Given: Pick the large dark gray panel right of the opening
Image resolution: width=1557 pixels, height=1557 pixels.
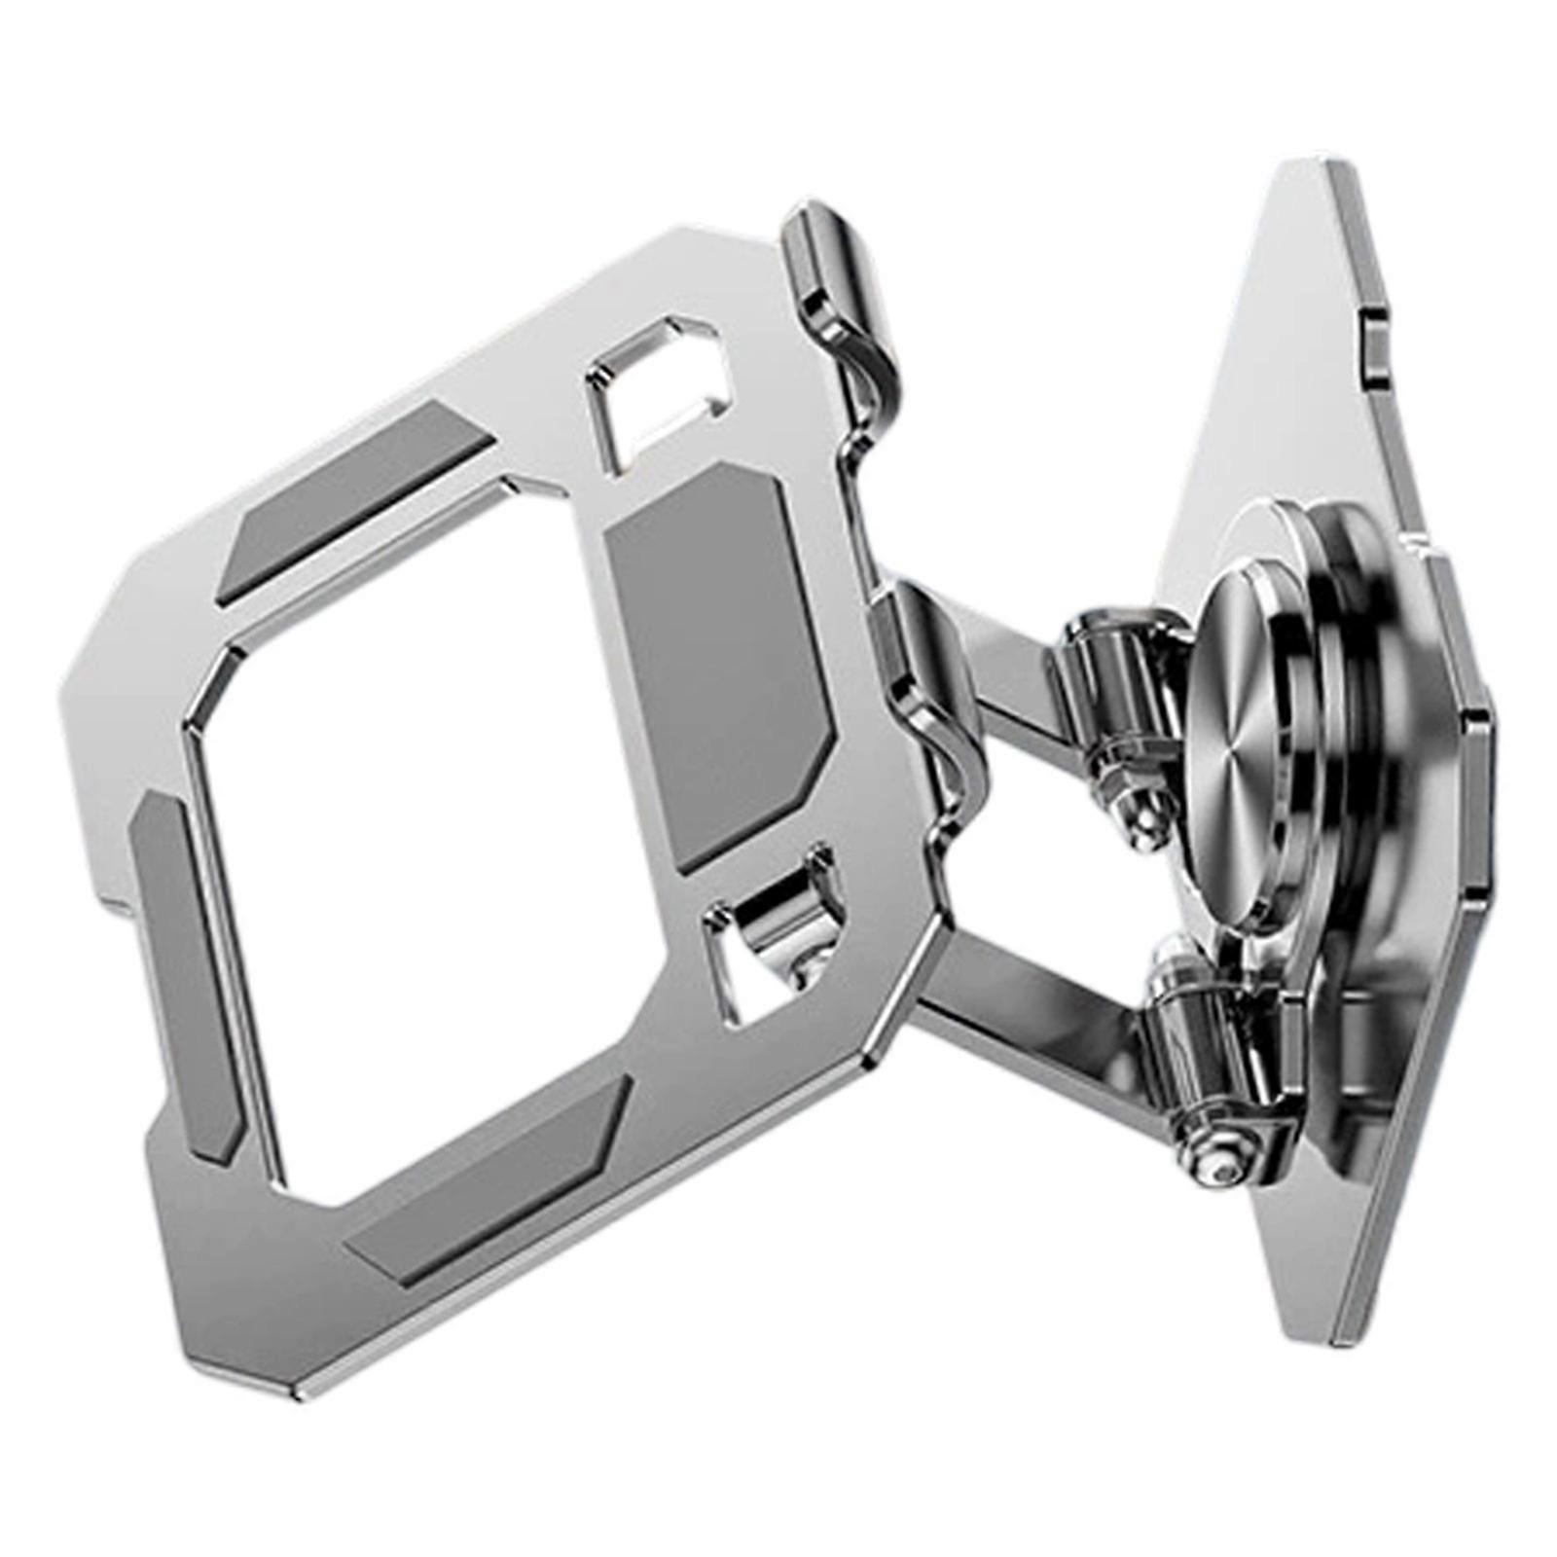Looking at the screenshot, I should [x=715, y=662].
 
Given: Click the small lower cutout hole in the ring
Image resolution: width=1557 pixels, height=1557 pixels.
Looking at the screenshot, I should [x=769, y=934].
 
